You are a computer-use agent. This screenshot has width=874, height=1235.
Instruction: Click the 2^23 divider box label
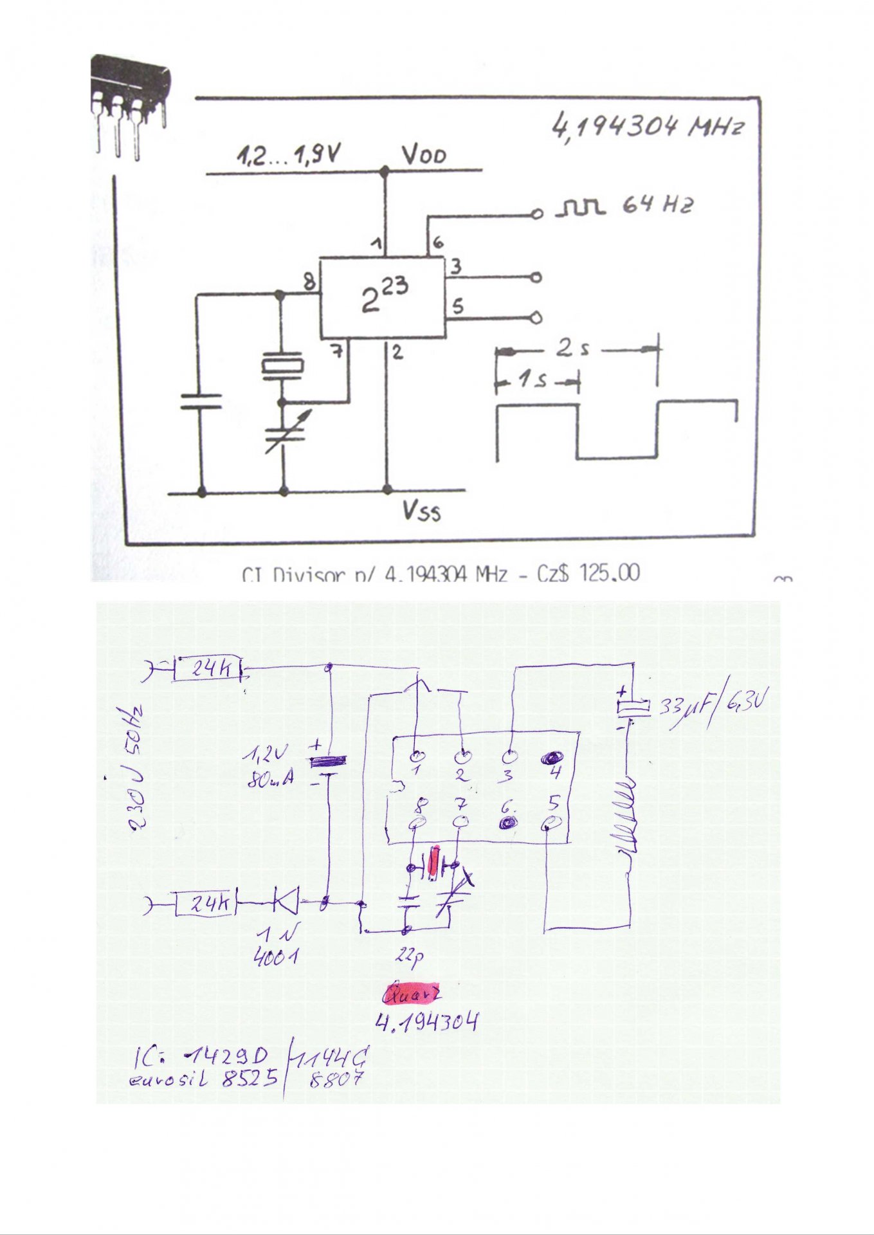pos(384,297)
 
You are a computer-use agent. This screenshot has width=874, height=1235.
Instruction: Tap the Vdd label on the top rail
pos(424,155)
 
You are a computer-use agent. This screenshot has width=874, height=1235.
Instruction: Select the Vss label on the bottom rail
pos(422,511)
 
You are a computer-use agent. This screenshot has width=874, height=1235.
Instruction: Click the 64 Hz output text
pos(658,205)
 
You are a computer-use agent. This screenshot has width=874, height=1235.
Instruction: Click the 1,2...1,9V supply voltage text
pos(289,155)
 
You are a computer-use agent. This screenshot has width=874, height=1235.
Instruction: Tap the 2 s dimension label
pos(572,348)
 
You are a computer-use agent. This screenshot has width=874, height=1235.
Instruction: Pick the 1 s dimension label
pos(532,380)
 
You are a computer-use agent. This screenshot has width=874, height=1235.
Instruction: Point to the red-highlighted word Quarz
pos(412,994)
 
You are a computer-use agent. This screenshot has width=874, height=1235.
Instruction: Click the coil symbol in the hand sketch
pos(624,814)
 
